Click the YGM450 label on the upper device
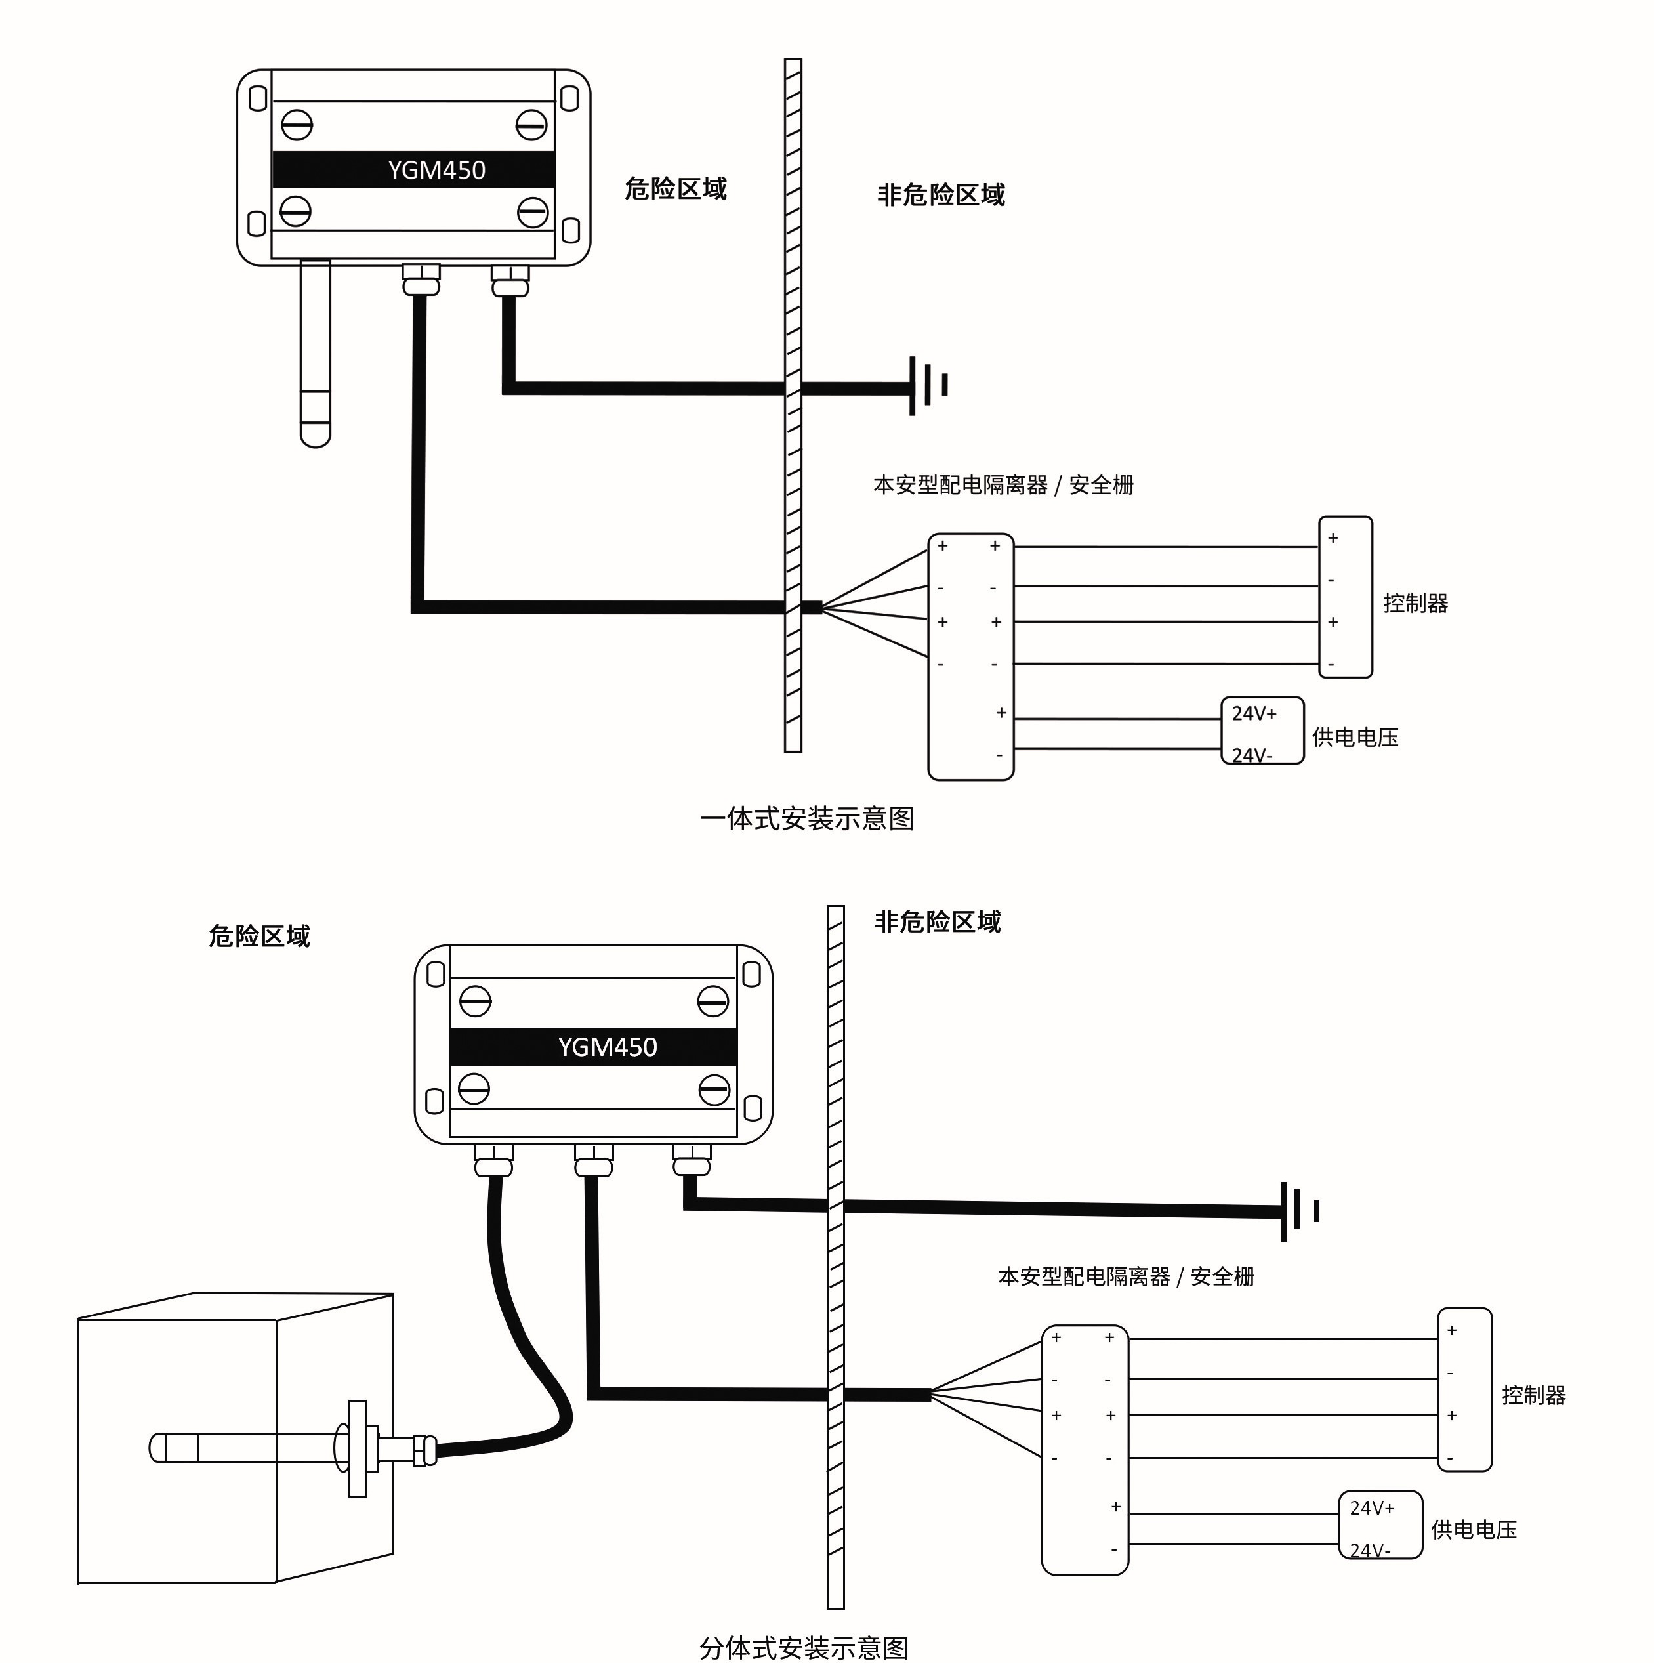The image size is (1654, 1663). (x=436, y=171)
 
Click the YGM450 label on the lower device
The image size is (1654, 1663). (x=608, y=1047)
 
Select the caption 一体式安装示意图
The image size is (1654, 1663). (x=806, y=818)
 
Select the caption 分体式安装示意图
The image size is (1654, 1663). (x=804, y=1647)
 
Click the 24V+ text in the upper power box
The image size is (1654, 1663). (x=1254, y=713)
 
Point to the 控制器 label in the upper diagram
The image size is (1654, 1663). (x=1416, y=603)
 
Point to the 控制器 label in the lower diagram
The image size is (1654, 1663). (x=1533, y=1395)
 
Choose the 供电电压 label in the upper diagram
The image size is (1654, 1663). (x=1355, y=738)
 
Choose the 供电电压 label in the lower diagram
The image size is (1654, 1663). (x=1474, y=1530)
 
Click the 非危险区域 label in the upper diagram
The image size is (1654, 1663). (x=941, y=196)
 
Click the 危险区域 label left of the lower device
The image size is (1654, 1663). (x=259, y=937)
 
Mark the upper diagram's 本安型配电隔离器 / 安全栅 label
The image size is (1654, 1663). (x=1003, y=486)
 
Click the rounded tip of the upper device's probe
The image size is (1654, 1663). (x=316, y=434)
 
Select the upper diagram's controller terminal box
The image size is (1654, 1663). (x=1345, y=597)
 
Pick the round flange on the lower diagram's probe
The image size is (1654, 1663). (x=343, y=1448)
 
